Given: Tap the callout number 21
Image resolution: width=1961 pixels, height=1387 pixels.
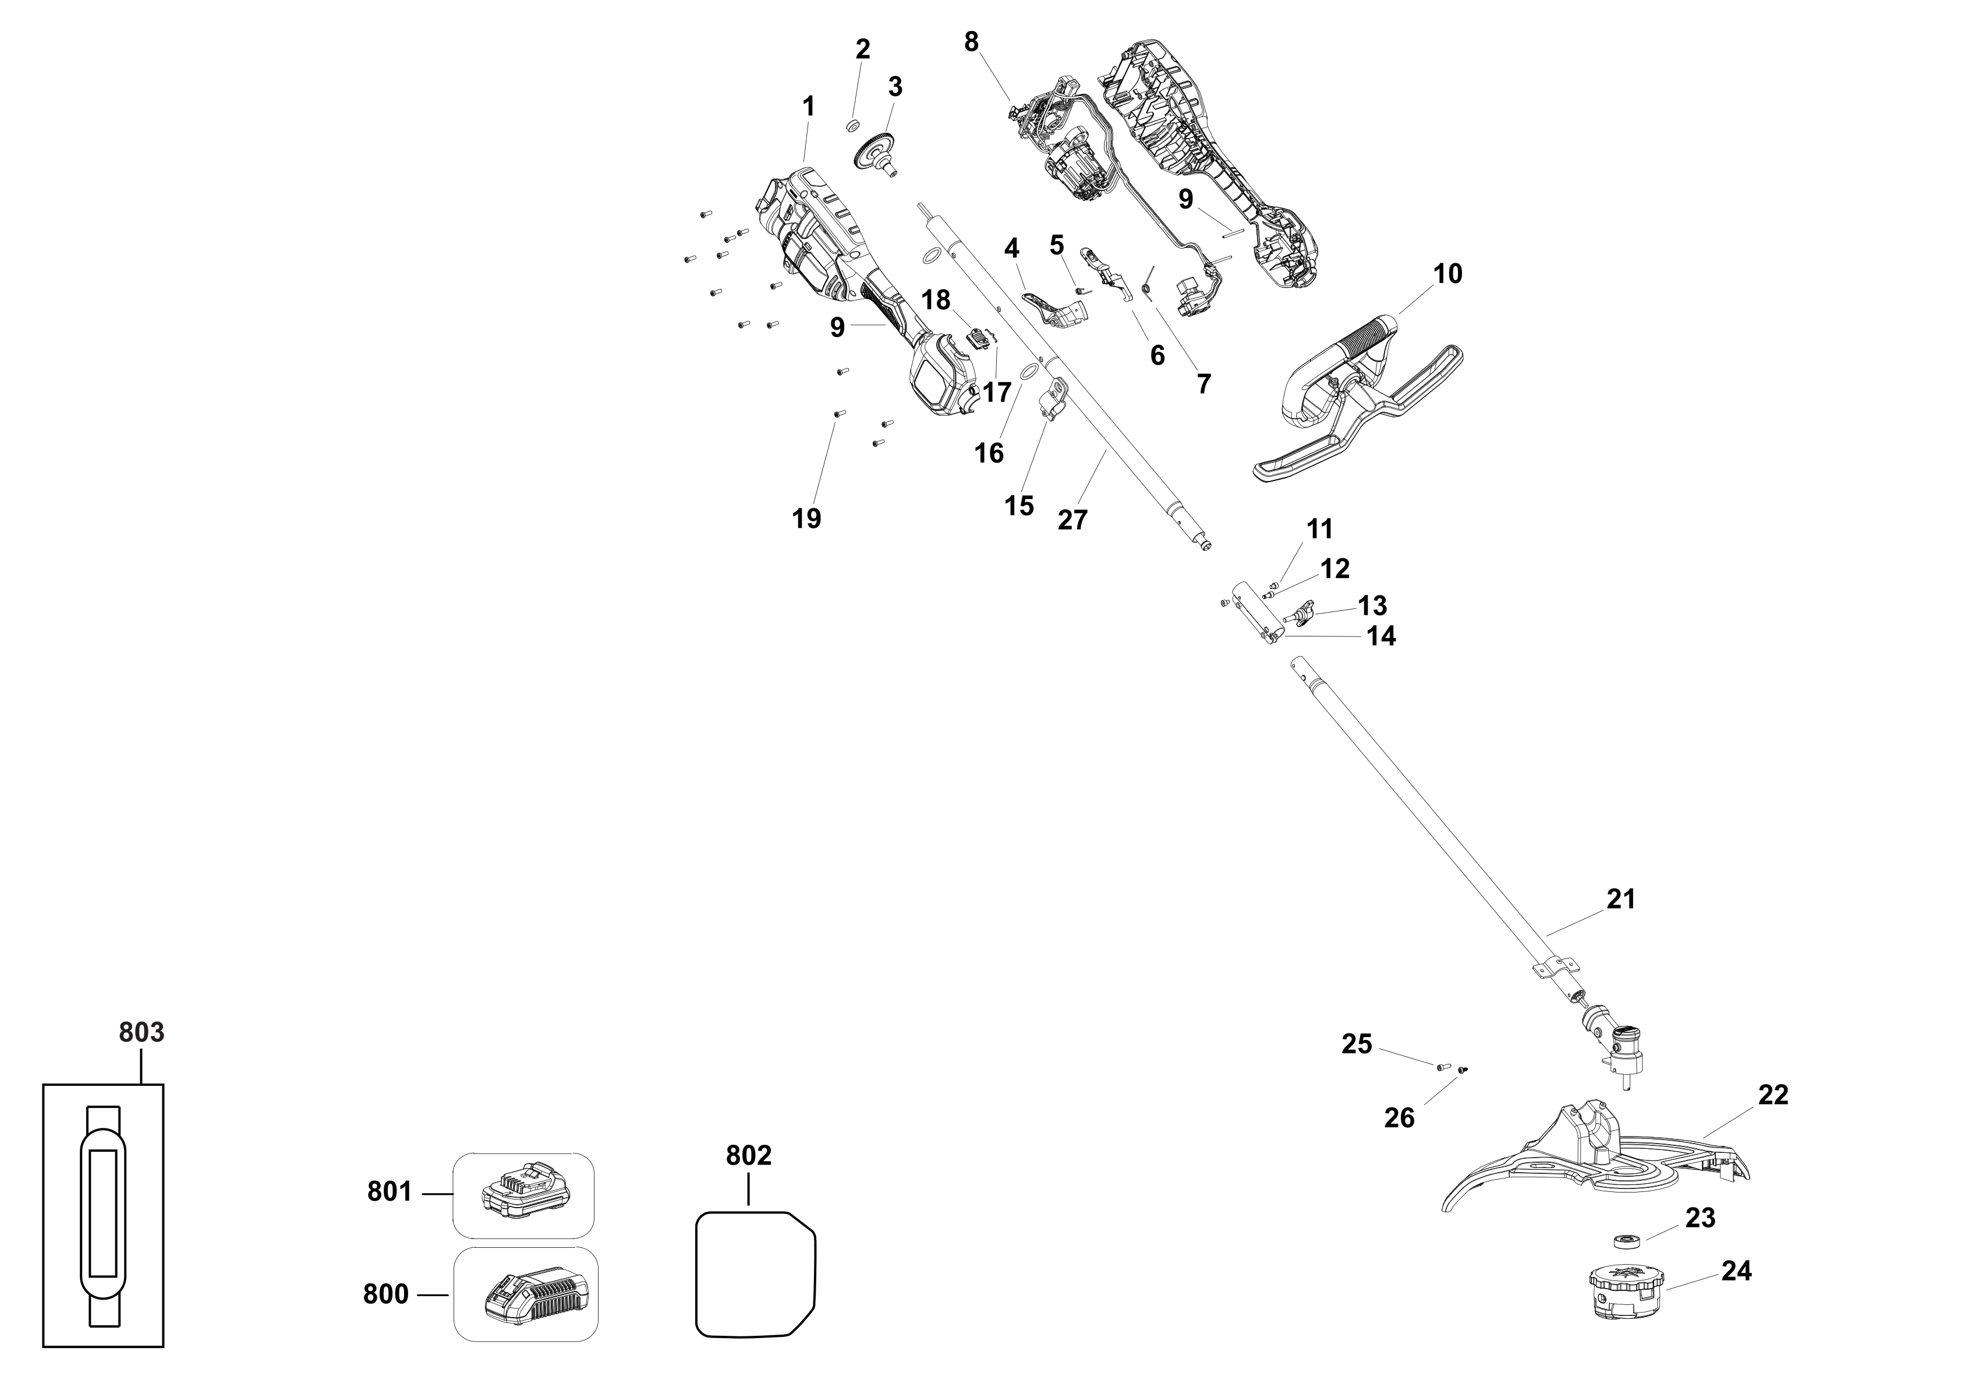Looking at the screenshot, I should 1620,898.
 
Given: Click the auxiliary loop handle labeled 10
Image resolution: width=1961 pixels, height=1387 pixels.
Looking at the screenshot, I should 1358,401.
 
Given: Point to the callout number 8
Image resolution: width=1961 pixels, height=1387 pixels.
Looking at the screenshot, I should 971,41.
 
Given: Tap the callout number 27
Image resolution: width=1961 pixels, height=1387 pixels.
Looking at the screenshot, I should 1072,519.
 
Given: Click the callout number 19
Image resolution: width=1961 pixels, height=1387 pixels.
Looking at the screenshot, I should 806,518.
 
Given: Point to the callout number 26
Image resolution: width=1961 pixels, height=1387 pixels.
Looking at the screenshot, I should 1399,1118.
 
